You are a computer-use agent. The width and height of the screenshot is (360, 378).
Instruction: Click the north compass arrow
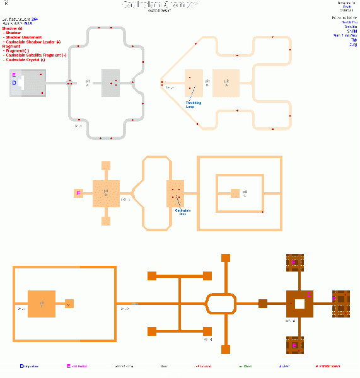pyautogui.click(x=6, y=6)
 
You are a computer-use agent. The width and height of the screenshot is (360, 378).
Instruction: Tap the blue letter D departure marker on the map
pyautogui.click(x=13, y=83)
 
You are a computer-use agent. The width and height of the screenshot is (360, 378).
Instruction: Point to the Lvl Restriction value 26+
pyautogui.click(x=34, y=20)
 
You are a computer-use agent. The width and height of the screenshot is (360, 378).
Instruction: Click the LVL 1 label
pyautogui.click(x=78, y=126)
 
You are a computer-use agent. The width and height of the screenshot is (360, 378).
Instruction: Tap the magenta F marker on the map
pyautogui.click(x=78, y=193)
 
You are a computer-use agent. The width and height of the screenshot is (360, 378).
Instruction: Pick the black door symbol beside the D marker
pyautogui.click(x=23, y=83)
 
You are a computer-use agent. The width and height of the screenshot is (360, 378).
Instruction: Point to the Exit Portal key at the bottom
pyautogui.click(x=78, y=365)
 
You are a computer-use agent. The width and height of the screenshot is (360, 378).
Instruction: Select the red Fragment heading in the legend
pyautogui.click(x=11, y=46)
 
